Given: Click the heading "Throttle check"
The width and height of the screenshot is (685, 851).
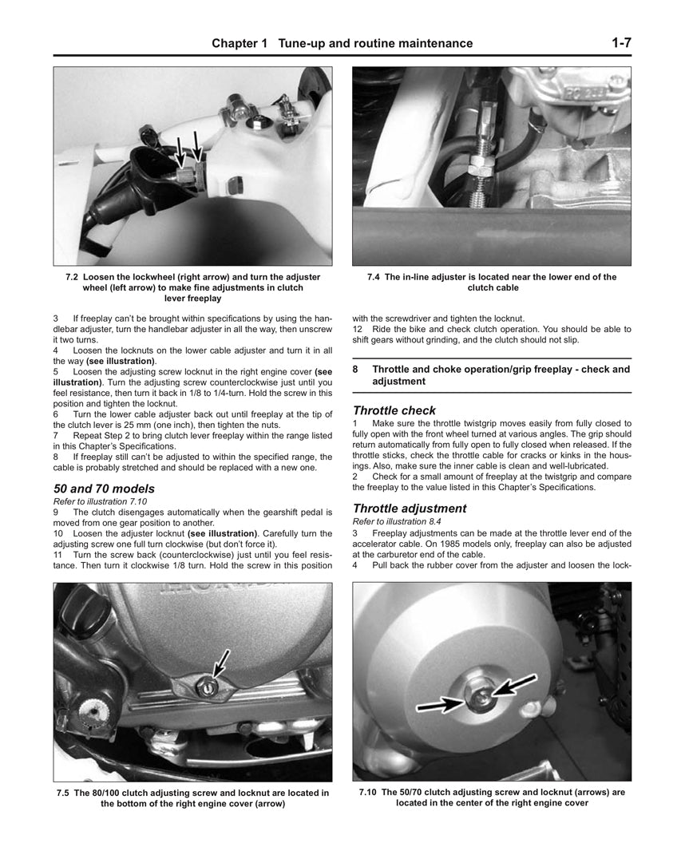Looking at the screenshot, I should [394, 410].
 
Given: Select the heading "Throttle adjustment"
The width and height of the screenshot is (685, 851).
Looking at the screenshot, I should [410, 509].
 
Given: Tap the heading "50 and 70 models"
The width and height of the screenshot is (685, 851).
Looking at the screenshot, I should [104, 489].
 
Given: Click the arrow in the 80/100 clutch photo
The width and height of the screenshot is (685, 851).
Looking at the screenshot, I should [221, 663].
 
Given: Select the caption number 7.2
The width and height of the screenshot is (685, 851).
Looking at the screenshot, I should [73, 277].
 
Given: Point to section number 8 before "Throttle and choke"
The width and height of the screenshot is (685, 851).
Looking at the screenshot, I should [356, 370].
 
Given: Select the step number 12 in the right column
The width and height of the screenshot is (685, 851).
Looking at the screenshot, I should [358, 329].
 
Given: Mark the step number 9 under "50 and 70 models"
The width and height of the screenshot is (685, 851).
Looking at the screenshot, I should [56, 512].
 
